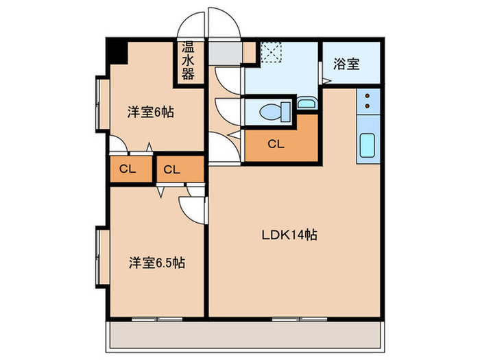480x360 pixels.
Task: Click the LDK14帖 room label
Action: click(289, 235)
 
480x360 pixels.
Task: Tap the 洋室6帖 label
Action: click(151, 112)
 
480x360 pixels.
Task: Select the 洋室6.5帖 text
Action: click(157, 263)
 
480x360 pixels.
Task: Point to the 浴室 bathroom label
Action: click(346, 64)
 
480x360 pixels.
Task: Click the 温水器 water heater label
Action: click(188, 60)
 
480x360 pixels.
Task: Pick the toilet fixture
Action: click(275, 111)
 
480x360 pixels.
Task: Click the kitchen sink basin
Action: click(368, 145)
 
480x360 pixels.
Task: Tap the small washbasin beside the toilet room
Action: click(307, 103)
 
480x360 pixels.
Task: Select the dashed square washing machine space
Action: click(271, 52)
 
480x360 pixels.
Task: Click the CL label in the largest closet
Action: click(276, 144)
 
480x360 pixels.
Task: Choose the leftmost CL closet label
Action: click(128, 169)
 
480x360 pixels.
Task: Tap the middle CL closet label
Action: click(171, 169)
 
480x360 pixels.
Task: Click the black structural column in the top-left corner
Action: click(117, 51)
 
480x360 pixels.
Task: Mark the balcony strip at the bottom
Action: click(245, 335)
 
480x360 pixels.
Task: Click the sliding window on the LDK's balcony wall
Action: click(300, 319)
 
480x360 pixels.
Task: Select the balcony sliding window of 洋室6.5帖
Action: click(157, 319)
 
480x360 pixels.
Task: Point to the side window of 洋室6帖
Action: click(97, 104)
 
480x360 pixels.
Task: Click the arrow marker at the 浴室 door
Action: click(326, 81)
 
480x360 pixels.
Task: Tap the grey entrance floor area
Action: click(226, 53)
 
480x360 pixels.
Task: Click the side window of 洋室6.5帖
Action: click(97, 257)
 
